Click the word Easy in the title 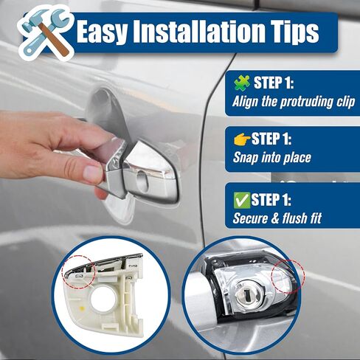103,32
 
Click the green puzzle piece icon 242,83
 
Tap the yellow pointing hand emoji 242,139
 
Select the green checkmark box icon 242,200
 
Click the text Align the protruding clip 294,102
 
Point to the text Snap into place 272,157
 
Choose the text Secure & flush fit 277,218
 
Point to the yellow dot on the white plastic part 82,308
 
